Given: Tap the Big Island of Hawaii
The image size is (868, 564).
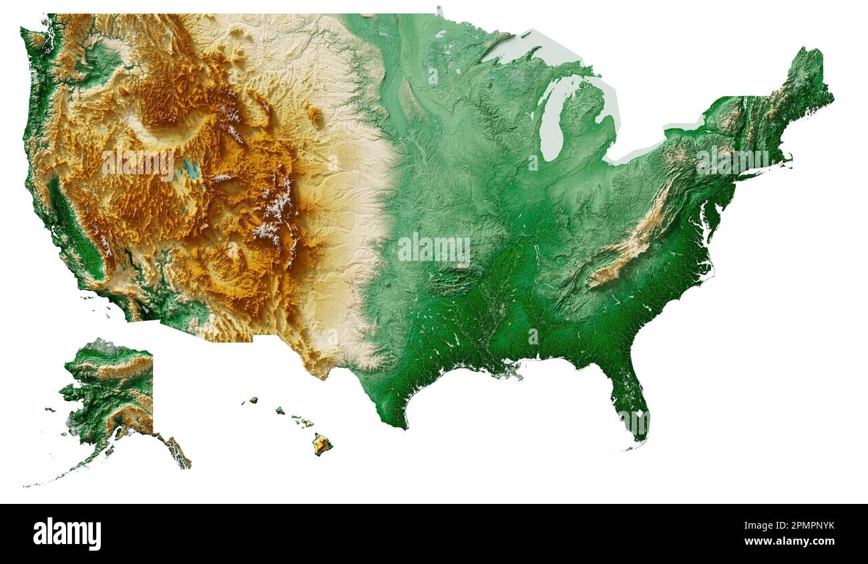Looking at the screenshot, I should pos(322,444).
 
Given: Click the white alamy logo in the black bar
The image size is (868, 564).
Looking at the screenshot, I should pos(67,534).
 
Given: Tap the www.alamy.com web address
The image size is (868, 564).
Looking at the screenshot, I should pos(789,541).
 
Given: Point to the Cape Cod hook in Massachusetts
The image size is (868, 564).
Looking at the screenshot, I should pos(789,158).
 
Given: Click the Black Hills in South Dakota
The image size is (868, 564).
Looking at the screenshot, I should pos(314,117).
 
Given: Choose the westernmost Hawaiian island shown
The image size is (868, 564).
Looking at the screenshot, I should pos(253,400).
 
